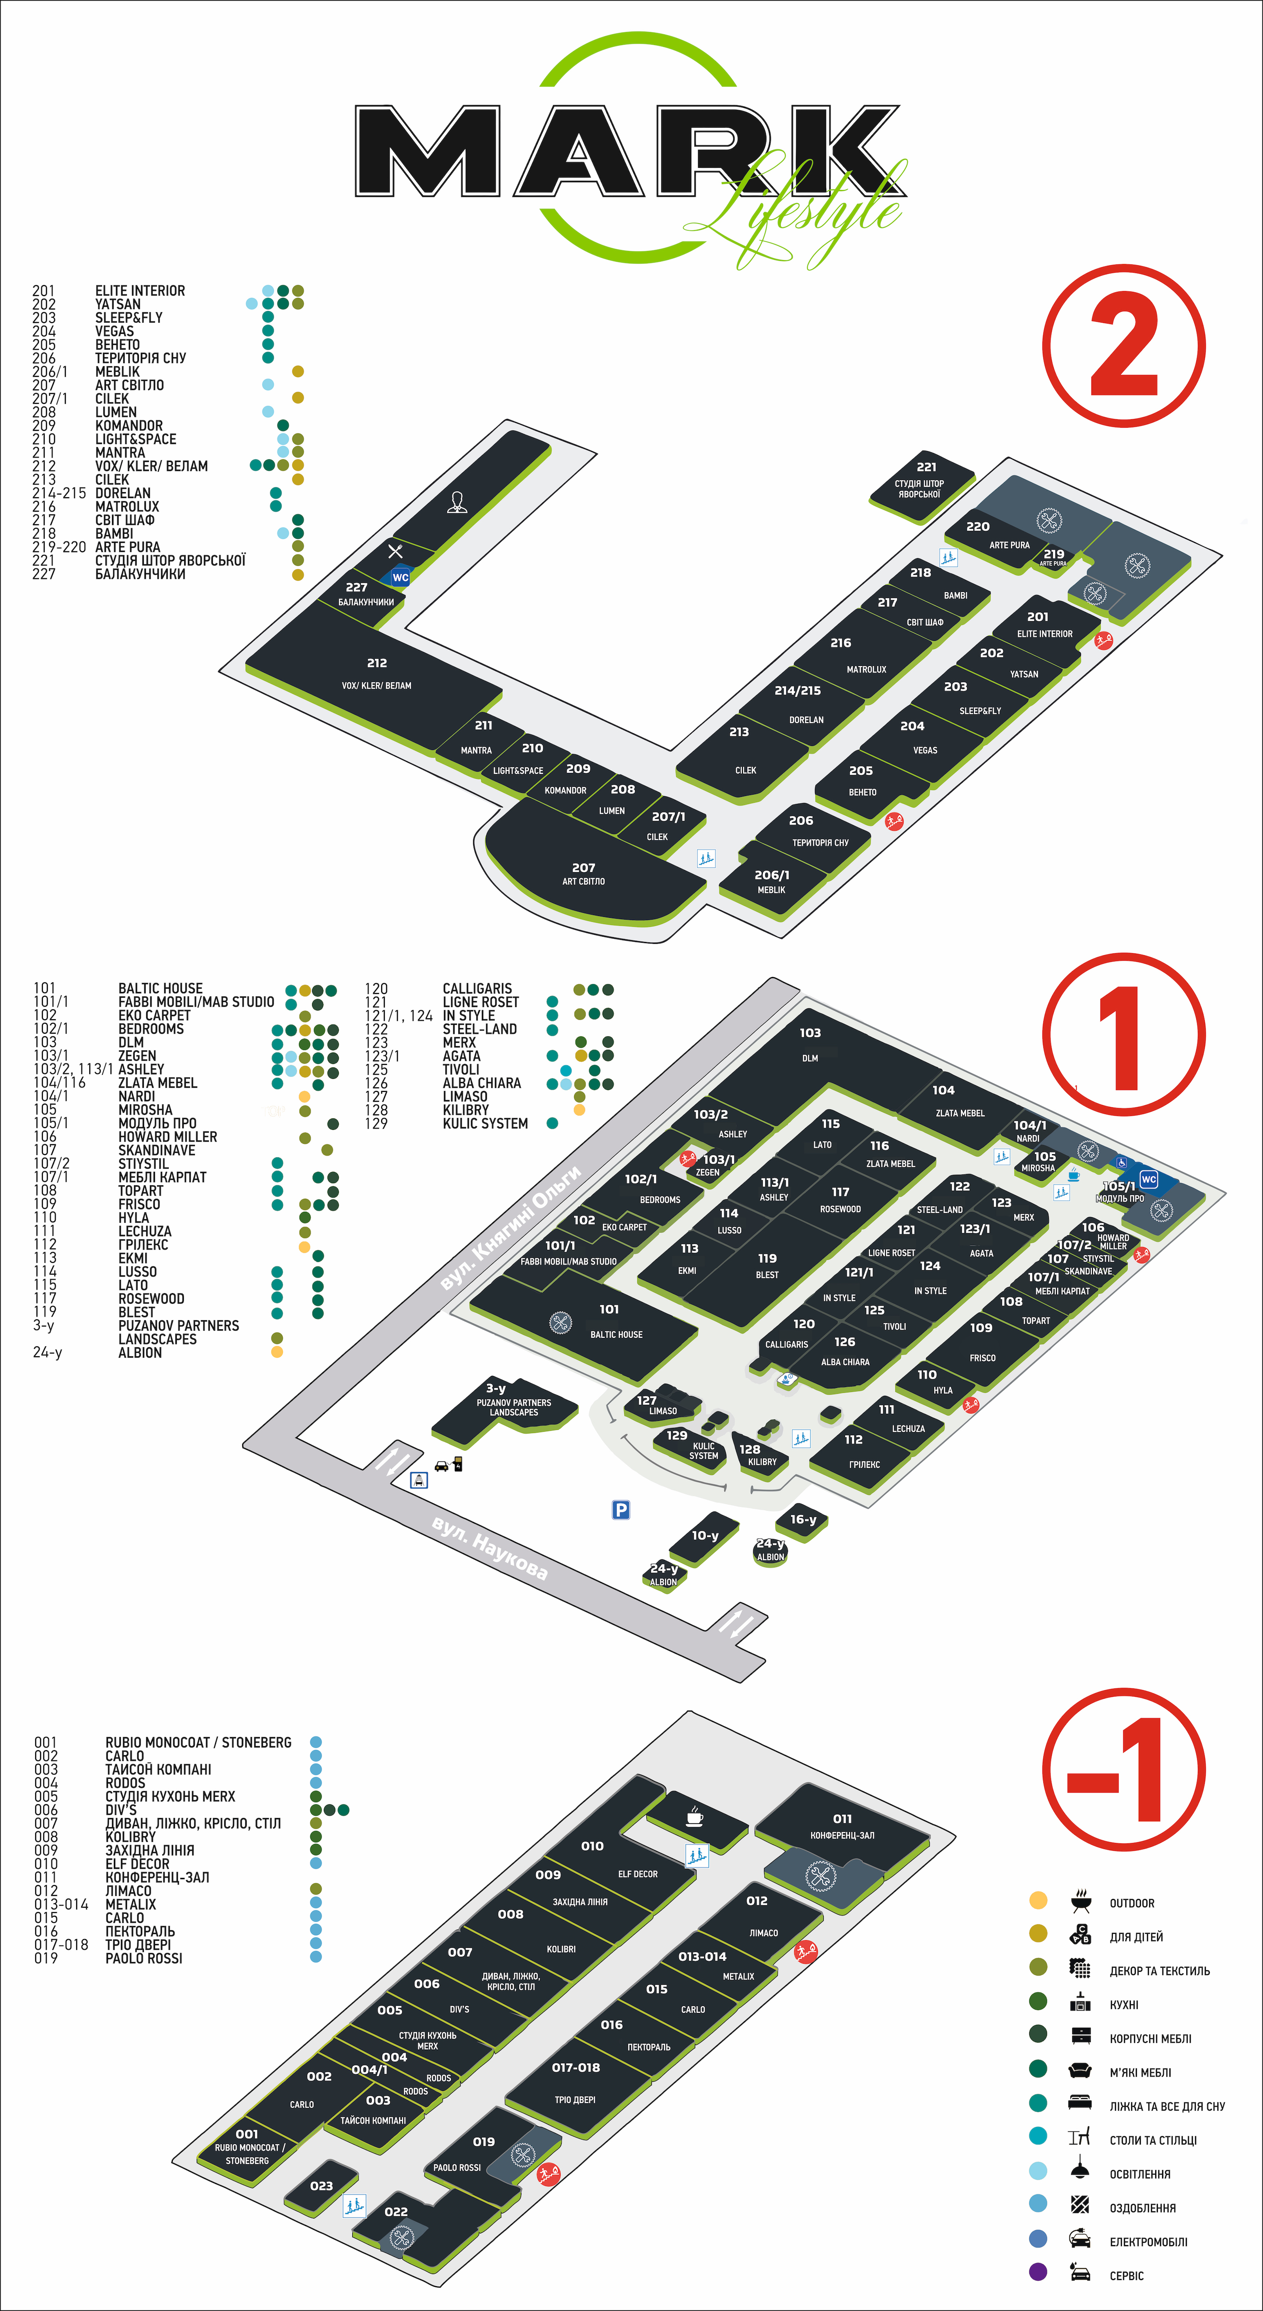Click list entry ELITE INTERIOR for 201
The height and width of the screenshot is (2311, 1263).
point(140,291)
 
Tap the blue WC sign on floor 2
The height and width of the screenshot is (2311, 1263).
point(400,578)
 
